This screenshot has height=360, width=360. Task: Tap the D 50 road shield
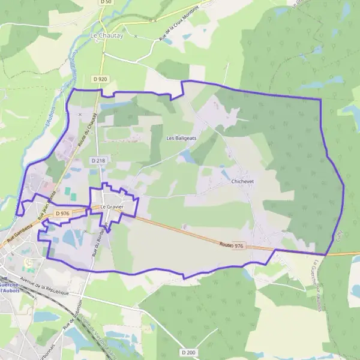(106, 2)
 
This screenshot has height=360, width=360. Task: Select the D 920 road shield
(100, 79)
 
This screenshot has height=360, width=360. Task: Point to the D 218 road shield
(98, 161)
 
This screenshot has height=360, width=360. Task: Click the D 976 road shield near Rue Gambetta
(62, 214)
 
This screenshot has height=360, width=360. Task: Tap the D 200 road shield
(188, 352)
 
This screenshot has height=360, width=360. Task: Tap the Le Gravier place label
(112, 207)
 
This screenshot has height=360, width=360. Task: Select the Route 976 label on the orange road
(232, 245)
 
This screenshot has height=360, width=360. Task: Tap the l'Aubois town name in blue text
(11, 290)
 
